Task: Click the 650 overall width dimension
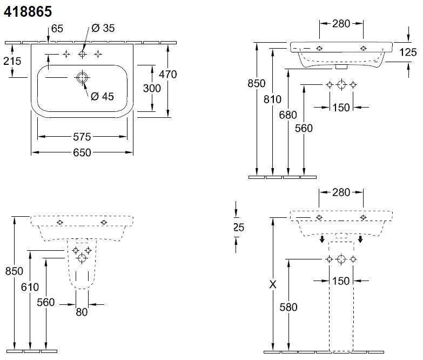[x=82, y=153]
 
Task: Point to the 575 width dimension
[x=82, y=137]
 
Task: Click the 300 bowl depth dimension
[x=152, y=88]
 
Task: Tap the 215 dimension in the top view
[x=11, y=61]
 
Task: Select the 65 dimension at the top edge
[x=56, y=28]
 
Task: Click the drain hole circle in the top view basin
[x=82, y=78]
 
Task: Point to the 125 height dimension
[x=409, y=52]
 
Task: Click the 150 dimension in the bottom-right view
[x=341, y=281]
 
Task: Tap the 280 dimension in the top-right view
[x=341, y=23]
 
